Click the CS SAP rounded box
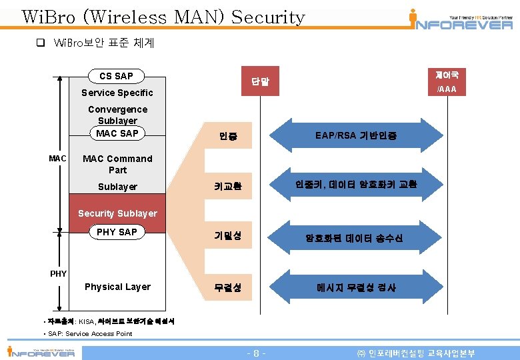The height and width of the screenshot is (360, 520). coord(116,76)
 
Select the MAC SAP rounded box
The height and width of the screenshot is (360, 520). coord(117,133)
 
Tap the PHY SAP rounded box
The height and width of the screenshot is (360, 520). coord(117,232)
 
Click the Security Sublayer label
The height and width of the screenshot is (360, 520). coord(117,213)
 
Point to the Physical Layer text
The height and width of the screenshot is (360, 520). coord(117,287)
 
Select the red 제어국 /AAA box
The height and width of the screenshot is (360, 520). coord(446,81)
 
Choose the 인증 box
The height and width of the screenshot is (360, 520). coord(228,137)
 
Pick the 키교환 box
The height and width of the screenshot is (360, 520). coord(228,187)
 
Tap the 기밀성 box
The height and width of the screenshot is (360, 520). coord(228,235)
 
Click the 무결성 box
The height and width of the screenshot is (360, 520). coord(228,288)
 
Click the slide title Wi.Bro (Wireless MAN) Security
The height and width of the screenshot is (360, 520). coord(163,17)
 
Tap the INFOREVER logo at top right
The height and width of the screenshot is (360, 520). coord(460,20)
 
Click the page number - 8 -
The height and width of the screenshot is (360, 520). coord(257,353)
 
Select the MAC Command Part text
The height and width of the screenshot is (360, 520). coord(117,164)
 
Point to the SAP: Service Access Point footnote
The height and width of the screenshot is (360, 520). coord(88,333)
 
